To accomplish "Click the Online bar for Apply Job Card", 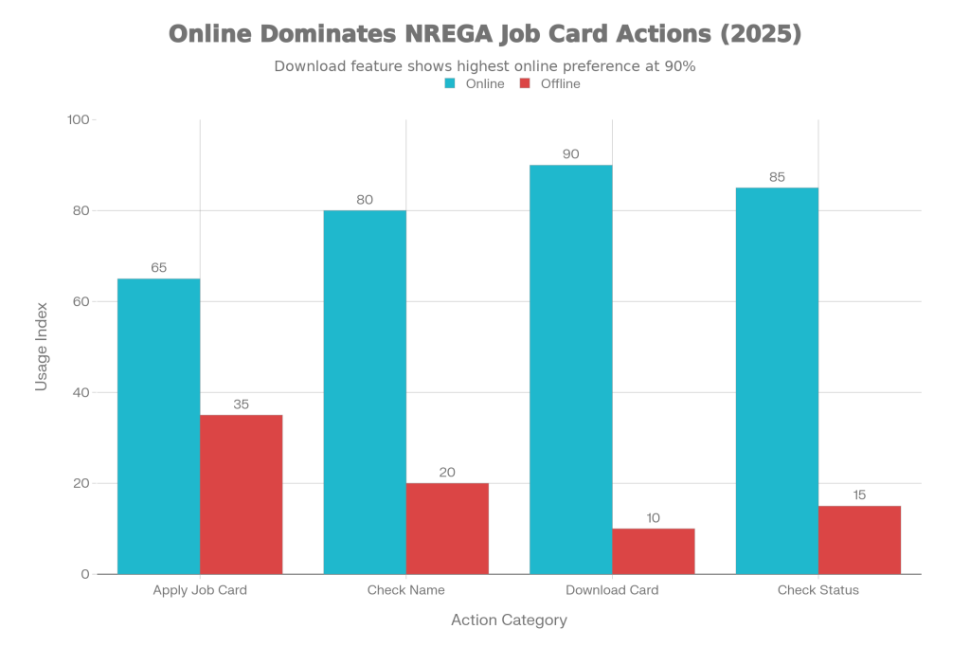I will pyautogui.click(x=158, y=425).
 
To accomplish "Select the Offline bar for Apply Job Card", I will pyautogui.click(x=242, y=494).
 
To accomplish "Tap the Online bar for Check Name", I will pyautogui.click(x=365, y=391).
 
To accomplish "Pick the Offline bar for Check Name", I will pyautogui.click(x=448, y=528).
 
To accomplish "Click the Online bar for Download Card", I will pyautogui.click(x=570, y=368).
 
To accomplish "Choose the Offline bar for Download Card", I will pyautogui.click(x=654, y=550).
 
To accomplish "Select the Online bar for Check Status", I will pyautogui.click(x=777, y=380).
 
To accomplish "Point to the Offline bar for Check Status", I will pyautogui.click(x=860, y=539).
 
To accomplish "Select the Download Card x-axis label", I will pyautogui.click(x=612, y=590).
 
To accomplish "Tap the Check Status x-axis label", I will pyautogui.click(x=818, y=590).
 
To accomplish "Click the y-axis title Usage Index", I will pyautogui.click(x=42, y=347).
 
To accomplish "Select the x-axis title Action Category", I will pyautogui.click(x=509, y=620).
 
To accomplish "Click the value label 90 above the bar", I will pyautogui.click(x=570, y=153).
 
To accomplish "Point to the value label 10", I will pyautogui.click(x=654, y=517).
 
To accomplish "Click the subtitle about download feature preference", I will pyautogui.click(x=485, y=66).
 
